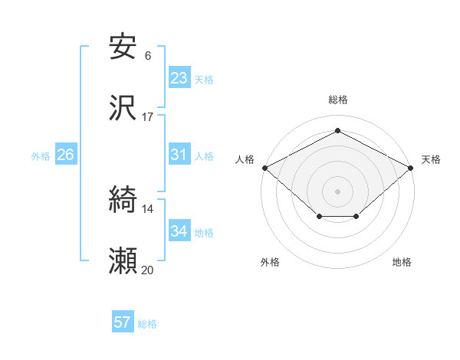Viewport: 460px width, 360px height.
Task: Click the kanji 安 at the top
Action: (123, 47)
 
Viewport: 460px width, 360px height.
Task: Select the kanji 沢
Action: (123, 109)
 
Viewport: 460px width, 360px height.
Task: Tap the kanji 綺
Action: (123, 201)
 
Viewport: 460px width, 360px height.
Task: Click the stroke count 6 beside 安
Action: (147, 55)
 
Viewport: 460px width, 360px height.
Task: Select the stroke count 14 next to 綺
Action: (147, 208)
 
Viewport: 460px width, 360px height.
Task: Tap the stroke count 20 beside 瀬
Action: (147, 270)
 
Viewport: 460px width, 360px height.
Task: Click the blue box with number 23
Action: (179, 78)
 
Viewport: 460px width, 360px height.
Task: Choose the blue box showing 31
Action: (179, 155)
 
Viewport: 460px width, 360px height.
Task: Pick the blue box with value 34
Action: (179, 231)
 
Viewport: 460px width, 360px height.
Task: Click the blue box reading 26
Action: (65, 155)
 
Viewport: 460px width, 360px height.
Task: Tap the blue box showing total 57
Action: (123, 322)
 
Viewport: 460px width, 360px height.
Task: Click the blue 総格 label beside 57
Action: (147, 324)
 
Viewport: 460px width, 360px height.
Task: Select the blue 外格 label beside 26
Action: (41, 156)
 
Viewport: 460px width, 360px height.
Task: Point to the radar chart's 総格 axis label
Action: (337, 100)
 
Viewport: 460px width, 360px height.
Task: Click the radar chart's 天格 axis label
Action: (431, 159)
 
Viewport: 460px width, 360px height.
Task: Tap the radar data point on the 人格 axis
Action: (264, 167)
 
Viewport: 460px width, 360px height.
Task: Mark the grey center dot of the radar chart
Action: (337, 191)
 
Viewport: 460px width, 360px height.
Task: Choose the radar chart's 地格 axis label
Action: (402, 263)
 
